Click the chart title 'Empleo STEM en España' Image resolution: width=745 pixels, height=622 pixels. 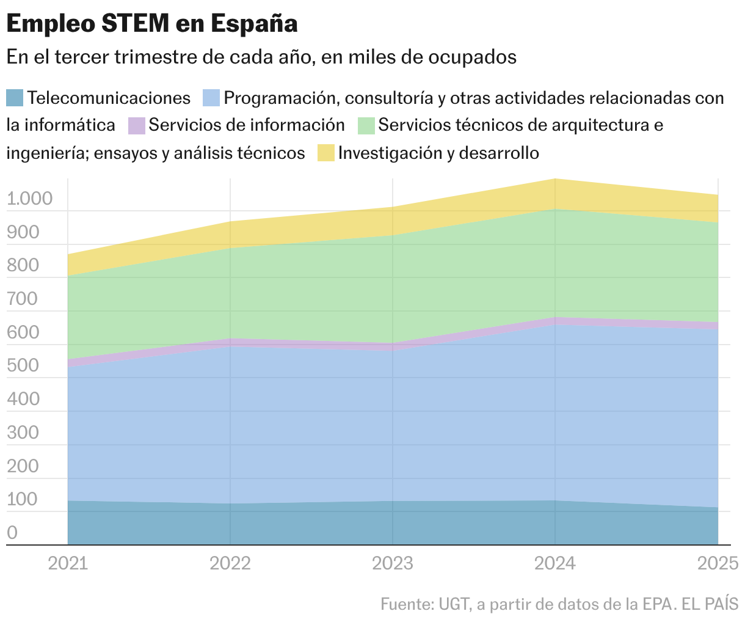tap(152, 24)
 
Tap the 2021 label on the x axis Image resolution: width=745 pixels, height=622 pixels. tap(68, 563)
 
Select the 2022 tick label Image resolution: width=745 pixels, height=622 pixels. tap(230, 563)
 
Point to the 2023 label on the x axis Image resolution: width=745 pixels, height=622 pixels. tap(393, 563)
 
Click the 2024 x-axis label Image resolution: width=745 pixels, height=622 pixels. tap(555, 563)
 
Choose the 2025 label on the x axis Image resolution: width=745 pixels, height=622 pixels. tap(718, 563)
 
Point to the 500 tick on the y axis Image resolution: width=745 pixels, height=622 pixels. tap(23, 366)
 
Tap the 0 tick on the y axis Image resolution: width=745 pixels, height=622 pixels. tap(12, 533)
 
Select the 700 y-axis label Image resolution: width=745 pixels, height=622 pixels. tap(23, 299)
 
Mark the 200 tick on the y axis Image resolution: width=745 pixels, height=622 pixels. tap(23, 466)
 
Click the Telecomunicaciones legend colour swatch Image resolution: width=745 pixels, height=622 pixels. tap(15, 98)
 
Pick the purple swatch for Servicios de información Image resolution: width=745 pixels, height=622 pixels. tap(137, 125)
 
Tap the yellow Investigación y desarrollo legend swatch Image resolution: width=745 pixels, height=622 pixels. tap(326, 153)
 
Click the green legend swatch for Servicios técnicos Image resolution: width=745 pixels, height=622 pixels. tap(366, 125)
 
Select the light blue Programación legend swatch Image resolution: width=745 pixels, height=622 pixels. tap(211, 98)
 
